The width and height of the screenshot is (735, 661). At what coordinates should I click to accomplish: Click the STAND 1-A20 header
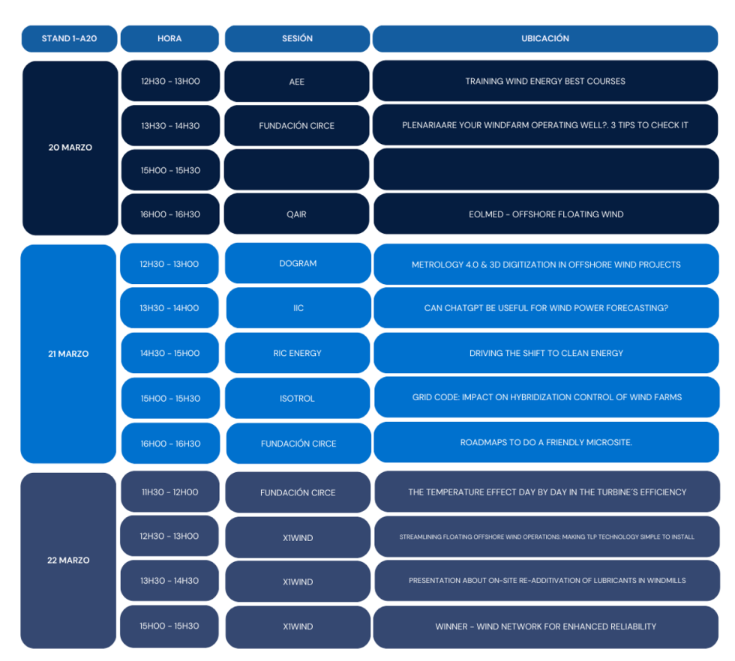point(69,38)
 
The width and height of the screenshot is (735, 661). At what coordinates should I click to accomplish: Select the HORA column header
point(169,38)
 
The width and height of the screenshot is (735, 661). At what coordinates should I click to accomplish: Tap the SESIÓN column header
point(297,38)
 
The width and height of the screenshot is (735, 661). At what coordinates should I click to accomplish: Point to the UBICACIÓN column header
point(545,38)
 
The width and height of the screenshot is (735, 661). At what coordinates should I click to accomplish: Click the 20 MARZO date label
point(70,148)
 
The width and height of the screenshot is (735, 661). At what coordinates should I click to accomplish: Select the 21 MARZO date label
point(68,354)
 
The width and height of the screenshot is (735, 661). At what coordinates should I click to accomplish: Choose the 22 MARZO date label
point(68,560)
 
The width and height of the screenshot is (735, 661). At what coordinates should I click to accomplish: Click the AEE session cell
point(297,82)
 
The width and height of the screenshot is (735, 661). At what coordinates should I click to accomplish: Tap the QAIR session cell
point(297,214)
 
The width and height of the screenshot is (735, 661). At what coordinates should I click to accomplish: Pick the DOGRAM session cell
point(298,264)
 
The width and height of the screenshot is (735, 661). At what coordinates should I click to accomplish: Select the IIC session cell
point(298,308)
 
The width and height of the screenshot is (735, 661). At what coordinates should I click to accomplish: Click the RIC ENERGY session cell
point(298,353)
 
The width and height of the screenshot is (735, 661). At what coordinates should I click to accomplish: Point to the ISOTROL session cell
point(298,398)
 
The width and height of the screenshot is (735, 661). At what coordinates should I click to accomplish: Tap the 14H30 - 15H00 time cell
point(170,353)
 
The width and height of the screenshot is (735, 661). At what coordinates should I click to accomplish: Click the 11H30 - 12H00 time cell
point(170,492)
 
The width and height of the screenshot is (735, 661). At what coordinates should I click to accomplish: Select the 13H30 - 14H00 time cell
point(170,308)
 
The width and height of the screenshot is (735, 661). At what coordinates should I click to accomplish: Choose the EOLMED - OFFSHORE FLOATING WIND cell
point(546,214)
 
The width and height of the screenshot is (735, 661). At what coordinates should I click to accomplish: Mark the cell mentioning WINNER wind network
point(546,627)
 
